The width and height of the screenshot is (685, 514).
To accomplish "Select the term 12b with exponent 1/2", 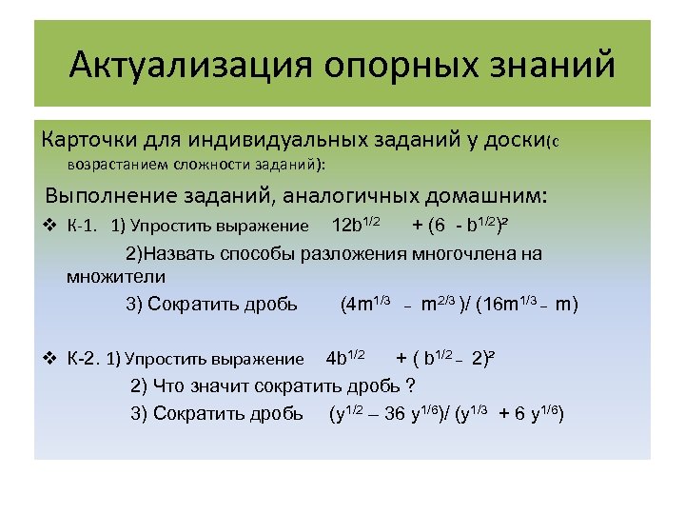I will point(356,225).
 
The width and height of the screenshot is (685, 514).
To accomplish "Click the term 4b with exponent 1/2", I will point(344,358).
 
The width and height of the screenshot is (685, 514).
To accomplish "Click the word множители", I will point(116,277).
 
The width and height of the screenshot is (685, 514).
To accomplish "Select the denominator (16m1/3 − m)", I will point(528,305).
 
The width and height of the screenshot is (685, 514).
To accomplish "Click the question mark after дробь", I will point(410,385).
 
